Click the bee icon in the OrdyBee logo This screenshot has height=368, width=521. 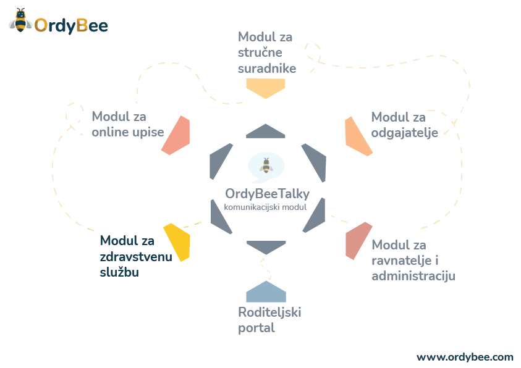click(x=20, y=21)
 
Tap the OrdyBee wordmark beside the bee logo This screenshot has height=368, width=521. click(x=71, y=25)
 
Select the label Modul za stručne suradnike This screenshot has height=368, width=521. click(x=266, y=52)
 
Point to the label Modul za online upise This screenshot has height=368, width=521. click(x=128, y=124)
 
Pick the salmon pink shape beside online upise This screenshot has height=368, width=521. click(x=176, y=135)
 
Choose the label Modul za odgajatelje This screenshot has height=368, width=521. click(x=404, y=125)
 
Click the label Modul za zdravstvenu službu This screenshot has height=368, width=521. click(x=135, y=256)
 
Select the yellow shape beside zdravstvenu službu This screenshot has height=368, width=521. click(x=177, y=241)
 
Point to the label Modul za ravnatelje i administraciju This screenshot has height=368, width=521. click(x=413, y=260)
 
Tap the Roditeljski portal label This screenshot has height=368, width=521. click(x=269, y=319)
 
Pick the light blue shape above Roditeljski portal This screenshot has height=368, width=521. click(x=266, y=291)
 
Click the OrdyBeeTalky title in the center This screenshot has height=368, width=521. click(x=267, y=194)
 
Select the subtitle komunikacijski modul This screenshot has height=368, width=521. click(x=265, y=207)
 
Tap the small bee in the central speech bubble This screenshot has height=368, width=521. click(x=266, y=165)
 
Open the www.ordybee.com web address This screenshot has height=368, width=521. click(x=464, y=357)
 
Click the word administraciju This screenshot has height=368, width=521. click(x=413, y=275)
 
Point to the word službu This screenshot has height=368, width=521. click(x=119, y=272)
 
